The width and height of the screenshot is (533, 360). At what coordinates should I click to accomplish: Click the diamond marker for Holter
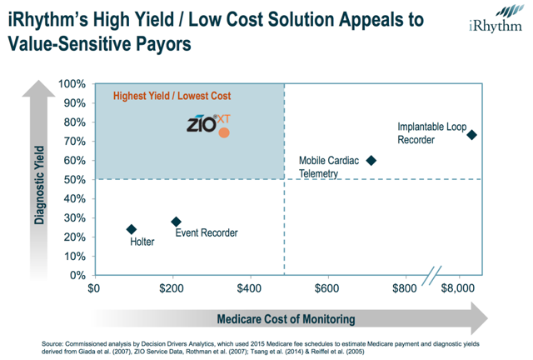click(131, 229)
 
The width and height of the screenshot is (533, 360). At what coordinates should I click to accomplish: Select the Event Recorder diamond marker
click(176, 222)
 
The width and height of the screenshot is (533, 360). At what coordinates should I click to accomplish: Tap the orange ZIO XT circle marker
click(223, 132)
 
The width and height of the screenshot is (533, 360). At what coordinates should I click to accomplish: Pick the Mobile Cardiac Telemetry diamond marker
click(371, 160)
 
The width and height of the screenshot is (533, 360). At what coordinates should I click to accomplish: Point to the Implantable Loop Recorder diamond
click(471, 134)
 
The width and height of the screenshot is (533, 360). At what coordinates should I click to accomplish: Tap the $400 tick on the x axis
click(250, 288)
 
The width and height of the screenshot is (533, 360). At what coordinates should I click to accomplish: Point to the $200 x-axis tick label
click(172, 288)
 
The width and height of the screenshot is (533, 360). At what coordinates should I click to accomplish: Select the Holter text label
click(143, 242)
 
